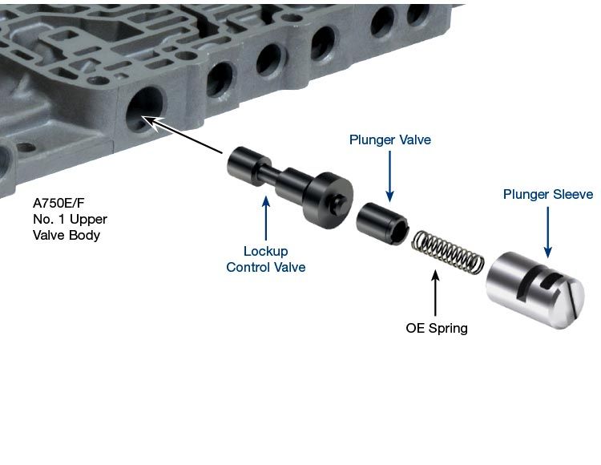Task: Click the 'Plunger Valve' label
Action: (389, 140)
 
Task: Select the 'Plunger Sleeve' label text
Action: (548, 194)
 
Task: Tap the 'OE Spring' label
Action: (437, 328)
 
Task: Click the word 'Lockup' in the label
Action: (265, 252)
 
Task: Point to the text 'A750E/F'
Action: (58, 203)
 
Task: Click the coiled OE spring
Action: (447, 253)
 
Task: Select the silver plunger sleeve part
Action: (535, 290)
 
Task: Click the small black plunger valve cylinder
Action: (382, 223)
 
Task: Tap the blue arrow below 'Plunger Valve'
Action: (389, 176)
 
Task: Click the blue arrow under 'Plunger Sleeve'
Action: (548, 232)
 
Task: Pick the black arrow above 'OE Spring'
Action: (435, 293)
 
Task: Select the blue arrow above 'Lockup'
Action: (266, 219)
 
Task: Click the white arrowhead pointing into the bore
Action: (151, 123)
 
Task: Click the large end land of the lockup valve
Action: (329, 200)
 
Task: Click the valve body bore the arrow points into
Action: (146, 109)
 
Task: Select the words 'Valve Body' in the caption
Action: (67, 235)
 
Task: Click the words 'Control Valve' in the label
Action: (265, 267)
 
